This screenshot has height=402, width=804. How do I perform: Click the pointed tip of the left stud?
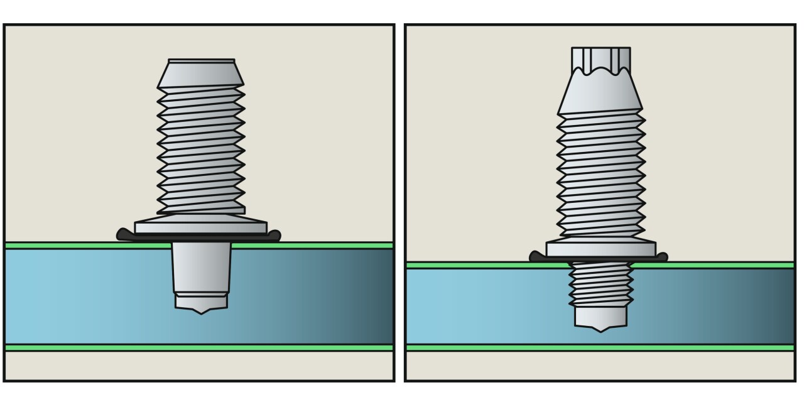pos(201,311)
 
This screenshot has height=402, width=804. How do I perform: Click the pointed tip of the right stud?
pos(600,329)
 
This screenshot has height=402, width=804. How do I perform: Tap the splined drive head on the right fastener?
pos(600,60)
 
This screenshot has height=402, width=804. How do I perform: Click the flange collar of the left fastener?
pos(201,227)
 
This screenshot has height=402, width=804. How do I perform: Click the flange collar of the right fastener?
pos(600,248)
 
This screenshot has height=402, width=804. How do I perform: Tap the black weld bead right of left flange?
pos(274,236)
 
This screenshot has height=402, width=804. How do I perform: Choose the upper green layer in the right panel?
pos(471,265)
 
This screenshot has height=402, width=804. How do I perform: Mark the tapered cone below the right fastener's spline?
pos(600,94)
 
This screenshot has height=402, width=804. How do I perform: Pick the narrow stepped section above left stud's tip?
pos(201,300)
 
